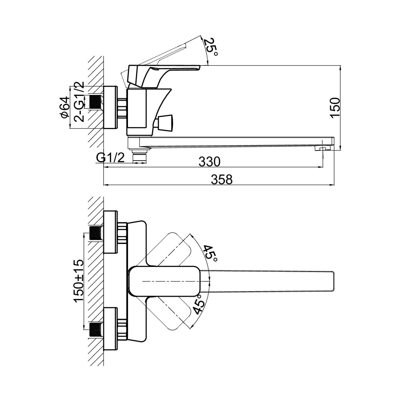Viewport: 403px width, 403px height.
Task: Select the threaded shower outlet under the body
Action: coord(140,156)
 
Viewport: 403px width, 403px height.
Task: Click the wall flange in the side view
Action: coord(110,107)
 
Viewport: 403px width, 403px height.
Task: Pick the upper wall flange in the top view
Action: coord(111,231)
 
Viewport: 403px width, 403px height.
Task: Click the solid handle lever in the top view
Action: coord(165,281)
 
